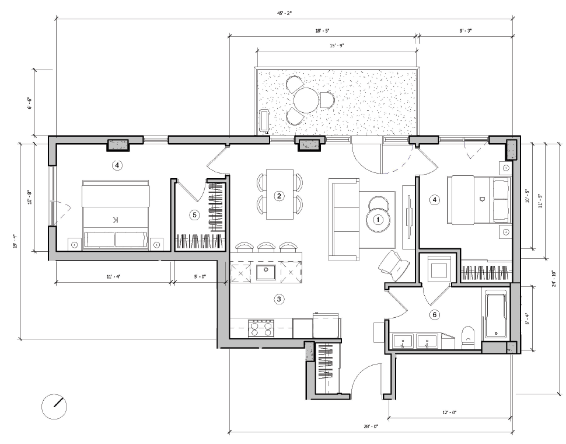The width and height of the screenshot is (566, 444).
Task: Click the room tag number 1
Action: point(378,220)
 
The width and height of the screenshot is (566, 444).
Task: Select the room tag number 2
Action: point(279,196)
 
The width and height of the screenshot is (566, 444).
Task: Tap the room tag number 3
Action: point(279,299)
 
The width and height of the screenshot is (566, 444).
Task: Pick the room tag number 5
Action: point(195,215)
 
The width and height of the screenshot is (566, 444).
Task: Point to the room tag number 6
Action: point(434,315)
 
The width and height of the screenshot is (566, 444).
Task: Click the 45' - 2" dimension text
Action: point(284,13)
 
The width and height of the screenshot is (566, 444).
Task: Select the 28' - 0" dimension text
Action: point(371,427)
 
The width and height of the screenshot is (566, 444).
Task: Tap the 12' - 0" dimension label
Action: point(449,412)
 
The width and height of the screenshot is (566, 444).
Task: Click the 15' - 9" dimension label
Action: point(337,45)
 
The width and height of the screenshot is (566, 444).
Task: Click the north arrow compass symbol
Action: point(54,405)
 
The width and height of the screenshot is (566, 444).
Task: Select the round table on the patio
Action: point(306,100)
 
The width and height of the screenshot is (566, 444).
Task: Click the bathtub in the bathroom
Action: point(495,316)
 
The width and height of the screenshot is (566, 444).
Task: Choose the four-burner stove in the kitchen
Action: point(261,328)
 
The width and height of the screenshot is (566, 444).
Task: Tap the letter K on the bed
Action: point(115,220)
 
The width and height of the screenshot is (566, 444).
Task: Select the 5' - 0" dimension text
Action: point(200,277)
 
